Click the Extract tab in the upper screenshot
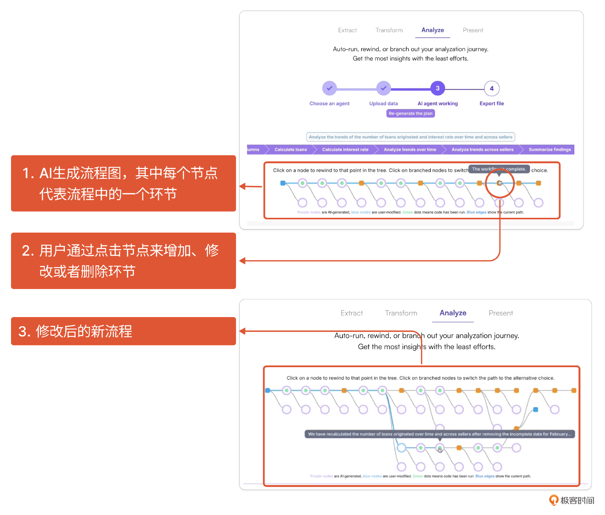347,30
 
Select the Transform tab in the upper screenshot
389,30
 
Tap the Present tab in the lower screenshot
501,313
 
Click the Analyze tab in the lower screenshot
453,313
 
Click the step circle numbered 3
438,88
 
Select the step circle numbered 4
492,88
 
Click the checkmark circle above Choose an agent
329,88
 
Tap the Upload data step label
383,103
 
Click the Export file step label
492,103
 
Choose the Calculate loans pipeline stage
291,149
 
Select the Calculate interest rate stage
345,149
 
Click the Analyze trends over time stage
410,149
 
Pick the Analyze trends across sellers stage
482,149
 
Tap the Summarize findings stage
550,149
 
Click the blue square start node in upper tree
283,183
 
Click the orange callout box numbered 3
124,331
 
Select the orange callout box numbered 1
124,183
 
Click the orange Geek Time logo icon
554,500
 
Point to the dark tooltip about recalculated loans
440,434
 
